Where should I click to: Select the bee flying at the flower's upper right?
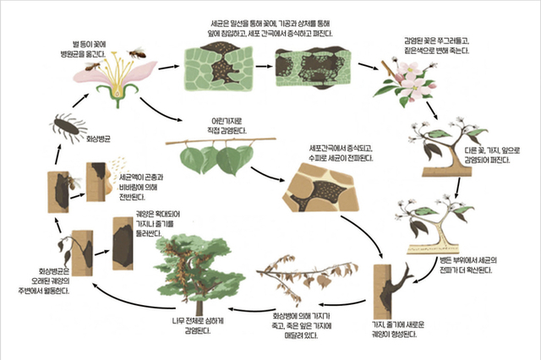pos(137,52)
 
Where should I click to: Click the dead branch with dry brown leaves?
pos(296,279)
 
